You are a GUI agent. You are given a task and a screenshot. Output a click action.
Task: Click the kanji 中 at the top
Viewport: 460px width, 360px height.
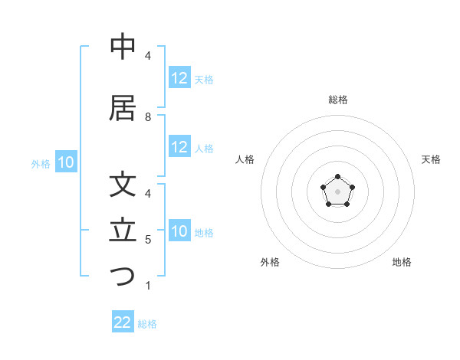[x=123, y=47]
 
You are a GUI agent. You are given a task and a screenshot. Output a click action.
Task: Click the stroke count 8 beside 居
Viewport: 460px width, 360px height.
[x=148, y=117]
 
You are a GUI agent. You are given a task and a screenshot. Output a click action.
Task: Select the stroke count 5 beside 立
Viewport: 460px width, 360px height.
[x=148, y=240]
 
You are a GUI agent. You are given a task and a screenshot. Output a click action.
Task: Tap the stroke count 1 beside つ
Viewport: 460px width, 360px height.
[x=148, y=286]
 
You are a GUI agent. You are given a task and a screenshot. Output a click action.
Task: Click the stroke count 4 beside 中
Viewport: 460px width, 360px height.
[x=148, y=56]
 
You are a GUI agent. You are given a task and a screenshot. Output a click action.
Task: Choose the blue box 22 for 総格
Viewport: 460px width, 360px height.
[x=123, y=322]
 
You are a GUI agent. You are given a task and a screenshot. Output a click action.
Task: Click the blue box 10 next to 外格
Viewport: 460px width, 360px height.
[x=65, y=162]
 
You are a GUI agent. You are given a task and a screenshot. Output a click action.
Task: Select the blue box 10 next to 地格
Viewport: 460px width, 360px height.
[x=179, y=231]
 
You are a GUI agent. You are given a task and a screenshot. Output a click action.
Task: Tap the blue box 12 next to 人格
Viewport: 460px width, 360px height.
[x=179, y=147]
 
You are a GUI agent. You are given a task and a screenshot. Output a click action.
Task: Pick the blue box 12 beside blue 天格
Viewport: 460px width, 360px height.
[x=179, y=78]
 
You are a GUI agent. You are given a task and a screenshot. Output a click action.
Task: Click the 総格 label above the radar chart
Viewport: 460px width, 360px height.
[x=338, y=100]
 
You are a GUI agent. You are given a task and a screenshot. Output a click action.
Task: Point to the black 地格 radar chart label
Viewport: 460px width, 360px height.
[x=402, y=262]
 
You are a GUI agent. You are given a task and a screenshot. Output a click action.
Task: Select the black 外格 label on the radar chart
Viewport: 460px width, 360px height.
[x=270, y=262]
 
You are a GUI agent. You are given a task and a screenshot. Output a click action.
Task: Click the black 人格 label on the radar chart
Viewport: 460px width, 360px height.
[x=245, y=159]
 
